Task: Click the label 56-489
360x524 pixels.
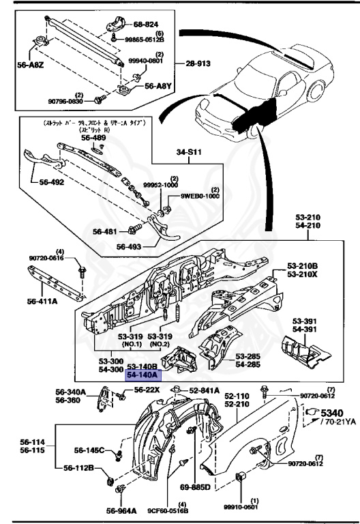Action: (x=94, y=137)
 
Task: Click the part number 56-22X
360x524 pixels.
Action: (x=147, y=390)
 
